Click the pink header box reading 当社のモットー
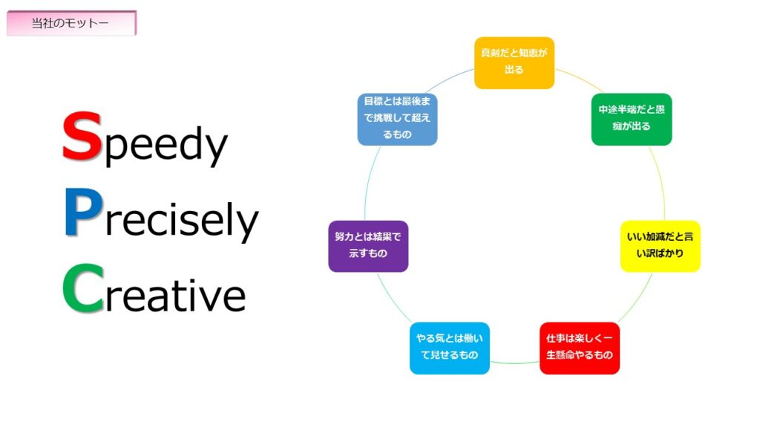[x=71, y=23]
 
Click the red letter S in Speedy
[x=82, y=137]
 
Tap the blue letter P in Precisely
[x=83, y=212]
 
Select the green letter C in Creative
[x=83, y=288]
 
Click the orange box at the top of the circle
[x=514, y=63]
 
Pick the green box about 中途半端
[x=632, y=120]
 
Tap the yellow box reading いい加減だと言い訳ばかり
[x=660, y=246]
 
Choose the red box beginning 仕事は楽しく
[x=579, y=348]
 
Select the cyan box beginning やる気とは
[x=449, y=348]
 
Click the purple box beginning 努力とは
[x=368, y=246]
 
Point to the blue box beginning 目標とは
[x=398, y=120]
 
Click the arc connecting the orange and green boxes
[x=580, y=78]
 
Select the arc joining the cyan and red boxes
[x=515, y=363]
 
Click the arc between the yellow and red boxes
[x=636, y=299]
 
